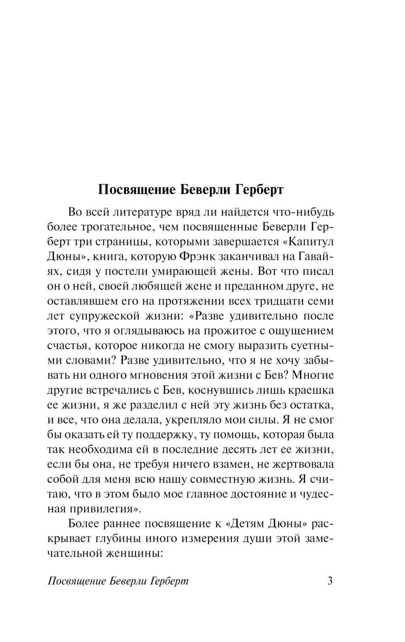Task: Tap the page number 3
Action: [x=330, y=581]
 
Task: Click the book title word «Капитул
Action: [x=307, y=242]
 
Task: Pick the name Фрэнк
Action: [x=197, y=256]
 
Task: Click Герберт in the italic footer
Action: [x=169, y=581]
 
